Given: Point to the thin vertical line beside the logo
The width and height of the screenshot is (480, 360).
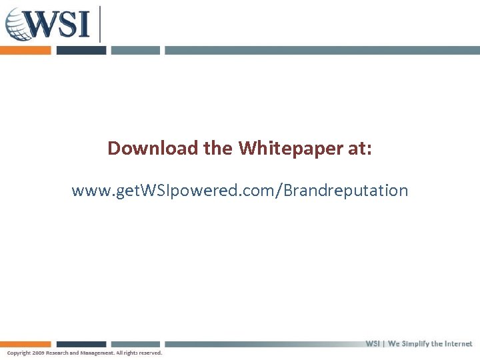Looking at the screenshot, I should (100, 24).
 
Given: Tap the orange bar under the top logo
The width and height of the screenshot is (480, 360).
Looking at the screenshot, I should (25, 50).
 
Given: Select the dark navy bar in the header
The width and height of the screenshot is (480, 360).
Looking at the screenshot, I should (81, 50).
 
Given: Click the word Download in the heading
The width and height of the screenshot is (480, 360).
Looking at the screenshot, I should (153, 147).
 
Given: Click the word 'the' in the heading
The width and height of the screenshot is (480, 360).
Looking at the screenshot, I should (218, 147).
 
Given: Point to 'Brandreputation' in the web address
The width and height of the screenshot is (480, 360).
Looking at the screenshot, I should (346, 191).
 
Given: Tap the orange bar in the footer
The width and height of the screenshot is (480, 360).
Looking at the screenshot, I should (25, 345).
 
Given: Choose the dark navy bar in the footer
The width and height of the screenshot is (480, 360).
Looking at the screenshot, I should (81, 345).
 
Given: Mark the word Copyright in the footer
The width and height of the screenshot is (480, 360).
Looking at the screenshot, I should (19, 353).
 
